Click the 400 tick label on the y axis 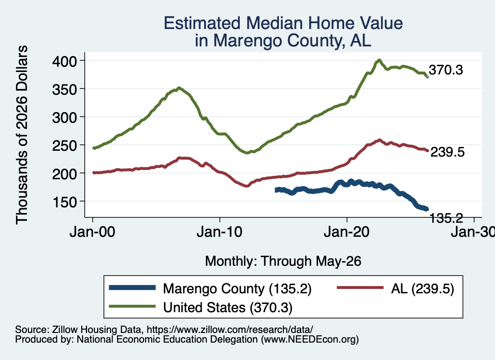pos(64,61)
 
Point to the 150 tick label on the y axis pos(64,202)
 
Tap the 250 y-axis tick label pos(64,145)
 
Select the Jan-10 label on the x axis pos(219,232)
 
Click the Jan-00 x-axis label pos(92,232)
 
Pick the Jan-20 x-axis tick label pos(347,232)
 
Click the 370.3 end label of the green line pos(446,70)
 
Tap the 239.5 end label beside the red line pos(448,152)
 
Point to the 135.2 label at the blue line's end pos(446,218)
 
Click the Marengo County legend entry pos(237,288)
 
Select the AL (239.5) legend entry pos(422,288)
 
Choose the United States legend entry pos(228,307)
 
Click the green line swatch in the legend pos(132,306)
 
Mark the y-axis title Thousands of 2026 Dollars pos(22,135)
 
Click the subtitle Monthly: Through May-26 pos(283,261)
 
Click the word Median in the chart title pos(275,23)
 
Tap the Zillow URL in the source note pos(230,330)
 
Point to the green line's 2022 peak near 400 pos(379,60)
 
